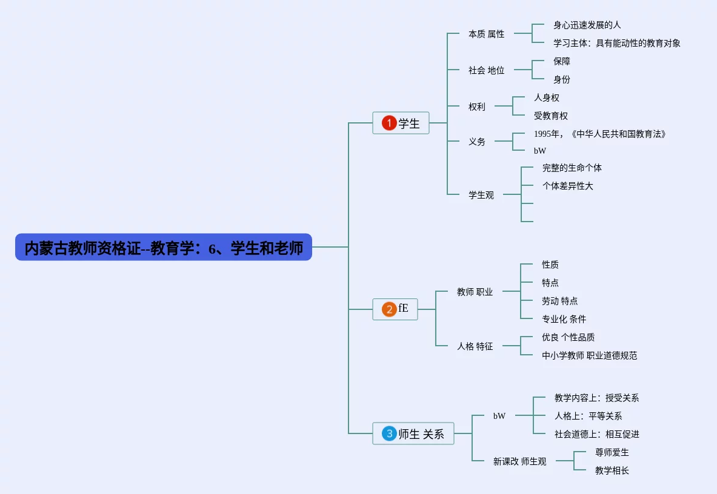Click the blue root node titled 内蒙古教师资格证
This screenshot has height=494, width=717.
[x=164, y=248]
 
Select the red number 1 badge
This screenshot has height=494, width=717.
[x=389, y=123]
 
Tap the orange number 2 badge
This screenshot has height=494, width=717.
[x=389, y=309]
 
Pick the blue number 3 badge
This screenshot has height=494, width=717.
[x=389, y=433]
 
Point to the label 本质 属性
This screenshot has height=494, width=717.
[x=486, y=35]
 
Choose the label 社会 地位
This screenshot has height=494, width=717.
[x=486, y=70]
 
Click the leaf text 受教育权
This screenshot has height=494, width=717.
[x=551, y=116]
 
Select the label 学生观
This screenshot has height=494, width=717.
[x=481, y=195]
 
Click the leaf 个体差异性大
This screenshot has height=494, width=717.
[x=567, y=186]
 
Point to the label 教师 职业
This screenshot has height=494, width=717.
[x=475, y=292]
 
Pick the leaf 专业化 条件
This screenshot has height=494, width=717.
[x=564, y=319]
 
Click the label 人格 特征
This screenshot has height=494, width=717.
[x=475, y=347]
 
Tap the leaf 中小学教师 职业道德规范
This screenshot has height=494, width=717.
[x=589, y=355]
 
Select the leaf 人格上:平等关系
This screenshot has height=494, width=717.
[x=588, y=416]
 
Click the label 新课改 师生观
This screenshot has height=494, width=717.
[x=519, y=461]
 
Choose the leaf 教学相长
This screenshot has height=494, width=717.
[x=612, y=470]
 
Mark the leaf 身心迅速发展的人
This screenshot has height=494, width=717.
[x=587, y=25]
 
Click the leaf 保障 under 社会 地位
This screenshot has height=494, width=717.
[x=561, y=61]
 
